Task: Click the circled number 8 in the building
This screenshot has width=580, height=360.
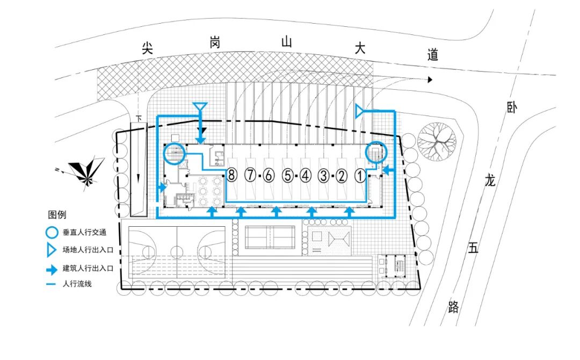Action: pyautogui.click(x=232, y=175)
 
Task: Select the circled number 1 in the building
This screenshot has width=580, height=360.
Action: pyautogui.click(x=360, y=175)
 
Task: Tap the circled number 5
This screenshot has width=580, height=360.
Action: pyautogui.click(x=288, y=175)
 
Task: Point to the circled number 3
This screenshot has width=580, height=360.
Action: pyautogui.click(x=324, y=175)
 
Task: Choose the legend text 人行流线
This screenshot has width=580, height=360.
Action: pyautogui.click(x=77, y=283)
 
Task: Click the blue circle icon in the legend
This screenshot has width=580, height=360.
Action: pyautogui.click(x=52, y=233)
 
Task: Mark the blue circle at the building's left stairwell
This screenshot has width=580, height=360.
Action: pyautogui.click(x=174, y=154)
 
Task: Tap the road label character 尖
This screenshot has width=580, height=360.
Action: pyautogui.click(x=148, y=48)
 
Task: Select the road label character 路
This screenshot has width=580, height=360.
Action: pyautogui.click(x=453, y=307)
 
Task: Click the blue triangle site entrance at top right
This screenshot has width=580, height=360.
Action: pyautogui.click(x=359, y=111)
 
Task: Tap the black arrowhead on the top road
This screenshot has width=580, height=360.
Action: pyautogui.click(x=430, y=80)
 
